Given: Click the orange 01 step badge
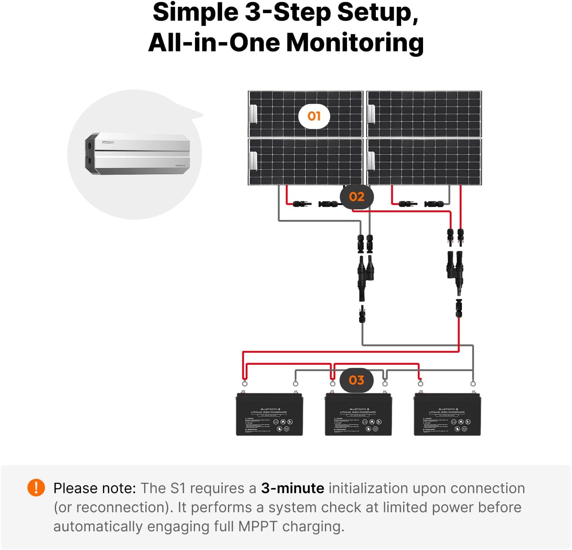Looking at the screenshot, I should tap(314, 116).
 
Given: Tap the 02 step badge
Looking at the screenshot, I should tap(356, 196).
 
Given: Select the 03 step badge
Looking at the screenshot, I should tap(356, 380).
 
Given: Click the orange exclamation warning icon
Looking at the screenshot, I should tap(36, 488).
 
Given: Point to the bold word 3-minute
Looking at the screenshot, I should tap(292, 488).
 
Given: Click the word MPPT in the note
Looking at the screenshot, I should tap(257, 527).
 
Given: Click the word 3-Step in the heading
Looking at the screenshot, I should tap(288, 12).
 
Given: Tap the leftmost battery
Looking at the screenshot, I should tap(269, 414).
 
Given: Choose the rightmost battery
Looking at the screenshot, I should tap(447, 414).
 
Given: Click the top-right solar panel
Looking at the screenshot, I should tap(424, 114).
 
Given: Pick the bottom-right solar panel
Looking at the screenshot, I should tap(424, 161).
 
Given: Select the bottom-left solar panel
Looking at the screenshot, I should tap(305, 161).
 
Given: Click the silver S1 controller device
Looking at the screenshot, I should tap(137, 154).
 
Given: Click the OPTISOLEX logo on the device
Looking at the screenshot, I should tap(108, 142).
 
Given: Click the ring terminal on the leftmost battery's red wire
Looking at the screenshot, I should tap(245, 383).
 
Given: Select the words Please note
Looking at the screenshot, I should tap(95, 488).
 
